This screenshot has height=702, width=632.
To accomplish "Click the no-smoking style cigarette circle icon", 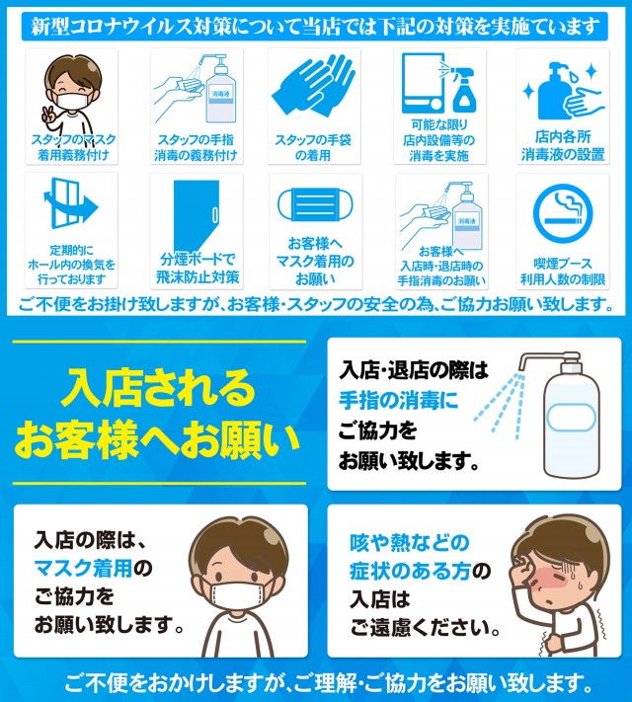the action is [x=563, y=214].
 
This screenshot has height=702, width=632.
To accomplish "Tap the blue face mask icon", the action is [x=315, y=204].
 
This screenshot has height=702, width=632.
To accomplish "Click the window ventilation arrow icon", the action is [x=70, y=203].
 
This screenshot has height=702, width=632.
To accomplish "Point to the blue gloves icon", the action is [x=314, y=86].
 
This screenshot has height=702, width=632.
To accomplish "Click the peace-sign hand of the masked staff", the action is [x=48, y=115].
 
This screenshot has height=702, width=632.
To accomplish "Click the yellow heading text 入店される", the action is [x=158, y=388].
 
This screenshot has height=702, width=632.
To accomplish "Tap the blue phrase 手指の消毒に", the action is [x=399, y=400].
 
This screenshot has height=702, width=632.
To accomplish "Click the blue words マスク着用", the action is [x=83, y=568].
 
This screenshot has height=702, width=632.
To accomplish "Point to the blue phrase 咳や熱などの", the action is [x=410, y=543].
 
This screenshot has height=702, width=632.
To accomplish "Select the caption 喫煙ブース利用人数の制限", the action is [x=563, y=272].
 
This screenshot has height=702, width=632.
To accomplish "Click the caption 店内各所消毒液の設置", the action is [x=563, y=145].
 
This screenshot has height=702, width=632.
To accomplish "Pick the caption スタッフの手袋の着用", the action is [x=313, y=147].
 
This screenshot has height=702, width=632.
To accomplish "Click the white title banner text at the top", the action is [x=315, y=27].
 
